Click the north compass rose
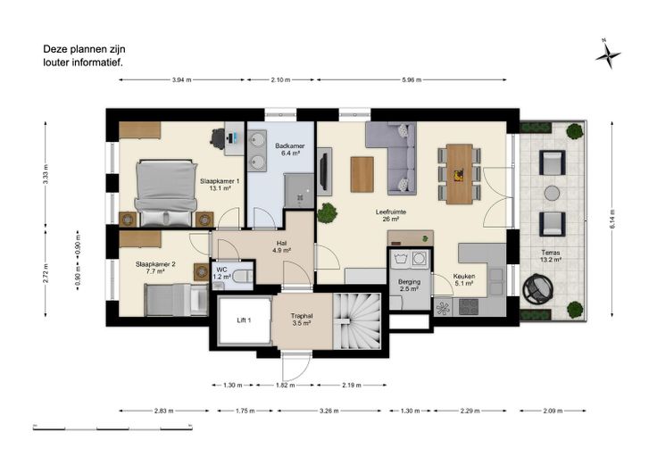point(608,54)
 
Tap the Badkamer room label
point(289,150)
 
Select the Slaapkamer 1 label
point(220,185)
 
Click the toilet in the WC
point(243,276)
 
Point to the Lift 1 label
point(244,320)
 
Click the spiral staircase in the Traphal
point(356,321)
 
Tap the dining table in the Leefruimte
point(459,174)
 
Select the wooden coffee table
point(362,174)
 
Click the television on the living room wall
point(323,171)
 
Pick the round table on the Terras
point(552,193)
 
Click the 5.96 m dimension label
point(412,79)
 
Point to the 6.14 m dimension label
point(612,219)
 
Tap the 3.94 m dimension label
point(181,79)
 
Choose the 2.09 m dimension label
point(553,411)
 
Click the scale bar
point(112,428)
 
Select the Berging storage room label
point(409,286)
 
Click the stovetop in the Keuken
point(469,307)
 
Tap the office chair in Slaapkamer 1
point(218,137)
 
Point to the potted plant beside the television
point(328,212)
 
